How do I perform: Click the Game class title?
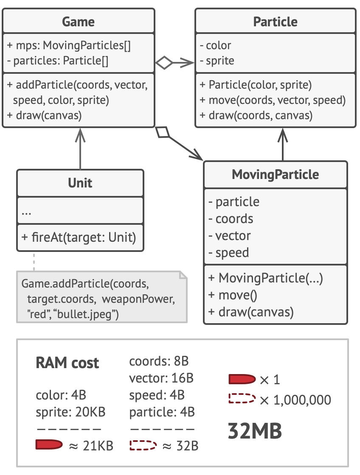click(x=78, y=21)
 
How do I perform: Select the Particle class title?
click(x=275, y=21)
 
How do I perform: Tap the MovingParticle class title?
click(x=275, y=174)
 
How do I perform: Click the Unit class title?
click(x=80, y=183)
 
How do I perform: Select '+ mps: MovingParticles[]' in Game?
click(x=69, y=45)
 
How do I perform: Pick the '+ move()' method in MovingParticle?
click(x=233, y=295)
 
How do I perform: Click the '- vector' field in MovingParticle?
click(x=230, y=235)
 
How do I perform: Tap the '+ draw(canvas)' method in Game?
click(x=44, y=115)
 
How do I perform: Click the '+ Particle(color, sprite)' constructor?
click(x=256, y=85)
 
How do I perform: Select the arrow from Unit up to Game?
click(x=80, y=148)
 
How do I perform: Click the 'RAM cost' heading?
click(x=67, y=363)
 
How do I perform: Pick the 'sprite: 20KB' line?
click(x=70, y=411)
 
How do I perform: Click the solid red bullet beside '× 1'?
click(x=242, y=379)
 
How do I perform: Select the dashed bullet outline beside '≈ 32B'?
click(x=143, y=445)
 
